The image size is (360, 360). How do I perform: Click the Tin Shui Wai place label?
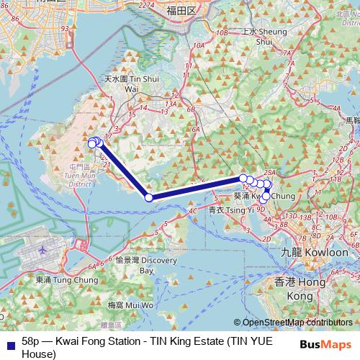click(x=122, y=83)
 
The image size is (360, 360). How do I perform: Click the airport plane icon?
click(x=42, y=249)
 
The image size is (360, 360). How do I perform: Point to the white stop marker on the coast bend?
click(x=149, y=197)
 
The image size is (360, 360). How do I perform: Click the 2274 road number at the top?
click(x=146, y=6)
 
